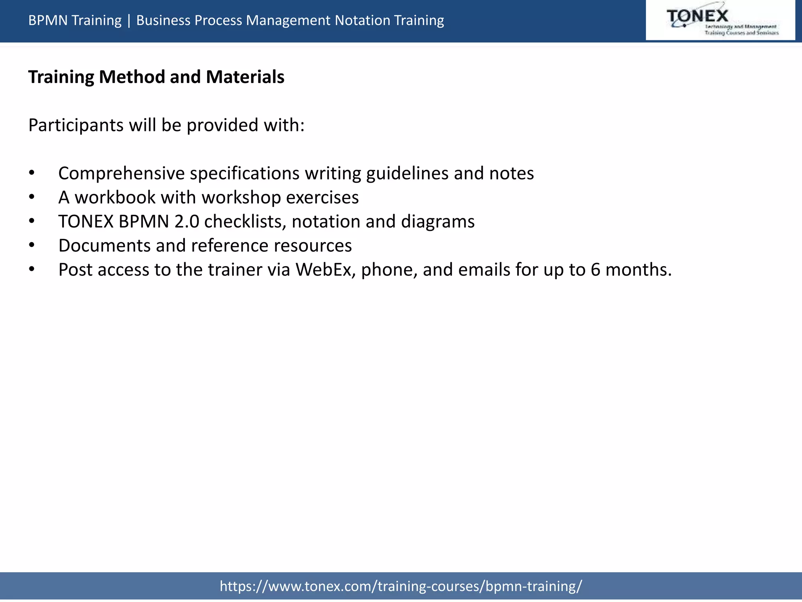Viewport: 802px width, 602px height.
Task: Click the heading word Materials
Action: pos(245,77)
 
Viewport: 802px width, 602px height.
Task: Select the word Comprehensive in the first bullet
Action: pos(121,174)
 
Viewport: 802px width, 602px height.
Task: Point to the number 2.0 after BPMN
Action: pos(186,222)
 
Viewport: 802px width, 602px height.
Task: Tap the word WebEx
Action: pos(323,270)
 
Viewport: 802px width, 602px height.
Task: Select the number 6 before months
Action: pos(595,270)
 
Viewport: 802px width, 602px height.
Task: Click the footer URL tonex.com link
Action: pos(401,586)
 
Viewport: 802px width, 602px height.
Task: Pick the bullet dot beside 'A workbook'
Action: pos(32,198)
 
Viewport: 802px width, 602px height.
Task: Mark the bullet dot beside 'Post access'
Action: pos(32,270)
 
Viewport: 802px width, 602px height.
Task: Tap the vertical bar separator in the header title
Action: pos(129,20)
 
